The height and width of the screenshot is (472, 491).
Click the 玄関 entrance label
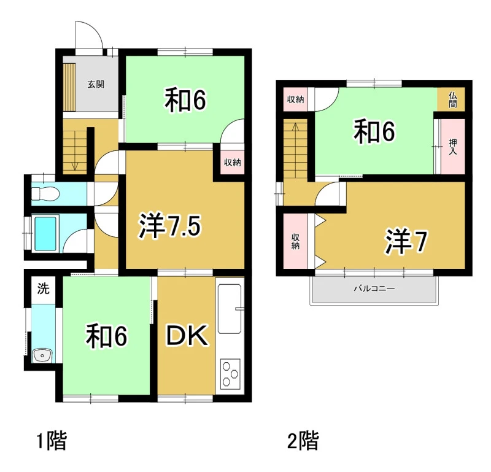pyautogui.click(x=96, y=84)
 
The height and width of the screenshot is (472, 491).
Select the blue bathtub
pyautogui.click(x=45, y=234)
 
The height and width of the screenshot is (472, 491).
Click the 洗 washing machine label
pyautogui.click(x=43, y=288)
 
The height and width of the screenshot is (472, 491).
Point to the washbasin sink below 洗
pyautogui.click(x=42, y=355)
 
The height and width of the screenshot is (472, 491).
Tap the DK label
pyautogui.click(x=187, y=335)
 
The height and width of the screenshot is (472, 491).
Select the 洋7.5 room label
pyautogui.click(x=170, y=226)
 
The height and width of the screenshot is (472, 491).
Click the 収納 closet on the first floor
pyautogui.click(x=233, y=163)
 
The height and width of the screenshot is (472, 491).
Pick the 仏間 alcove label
pyautogui.click(x=453, y=100)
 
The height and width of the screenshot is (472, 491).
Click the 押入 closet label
pyautogui.click(x=453, y=147)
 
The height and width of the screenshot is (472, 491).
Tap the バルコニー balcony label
pyautogui.click(x=374, y=288)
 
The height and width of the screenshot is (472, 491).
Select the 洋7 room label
pyautogui.click(x=406, y=241)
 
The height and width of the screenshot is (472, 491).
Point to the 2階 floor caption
pyautogui.click(x=303, y=440)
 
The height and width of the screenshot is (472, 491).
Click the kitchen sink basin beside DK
pyautogui.click(x=230, y=309)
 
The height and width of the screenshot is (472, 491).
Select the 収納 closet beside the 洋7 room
pyautogui.click(x=295, y=241)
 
